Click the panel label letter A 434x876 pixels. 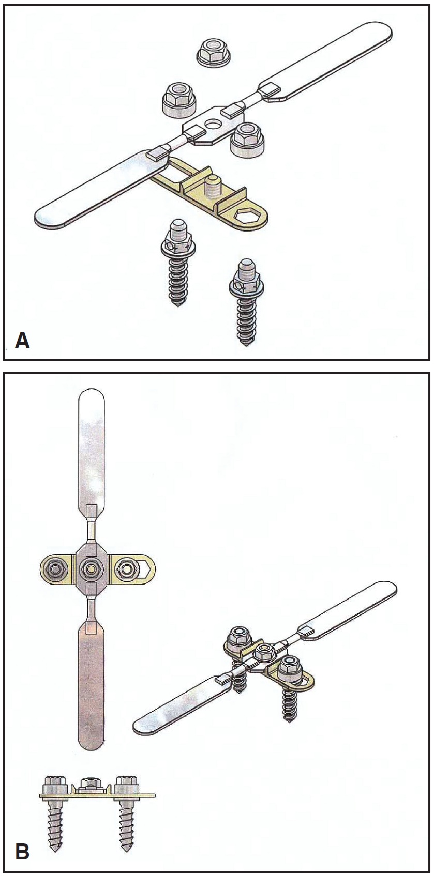point(22,340)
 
